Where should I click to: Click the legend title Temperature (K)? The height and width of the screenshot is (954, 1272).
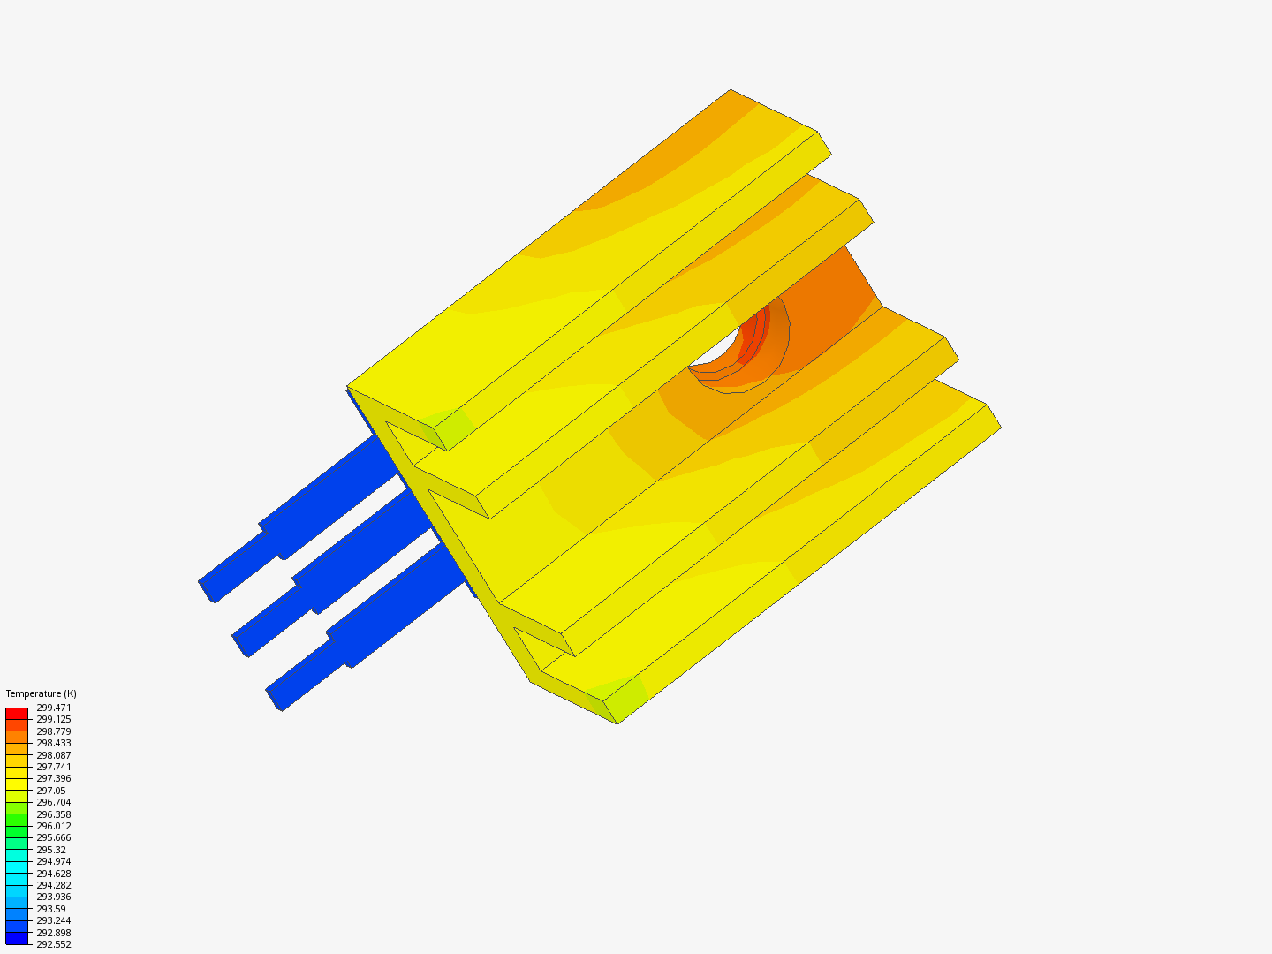pyautogui.click(x=41, y=693)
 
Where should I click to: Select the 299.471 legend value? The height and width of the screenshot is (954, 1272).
pyautogui.click(x=53, y=708)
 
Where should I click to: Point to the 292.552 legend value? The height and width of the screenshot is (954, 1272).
pyautogui.click(x=53, y=944)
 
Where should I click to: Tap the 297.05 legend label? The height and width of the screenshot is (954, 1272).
pyautogui.click(x=50, y=791)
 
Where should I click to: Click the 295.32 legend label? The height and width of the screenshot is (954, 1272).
pyautogui.click(x=50, y=850)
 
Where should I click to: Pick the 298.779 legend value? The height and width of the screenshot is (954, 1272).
pyautogui.click(x=53, y=731)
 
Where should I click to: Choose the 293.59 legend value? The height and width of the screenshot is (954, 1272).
pyautogui.click(x=50, y=909)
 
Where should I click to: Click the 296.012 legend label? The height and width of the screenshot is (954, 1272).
pyautogui.click(x=53, y=826)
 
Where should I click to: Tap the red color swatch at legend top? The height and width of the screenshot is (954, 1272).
pyautogui.click(x=17, y=713)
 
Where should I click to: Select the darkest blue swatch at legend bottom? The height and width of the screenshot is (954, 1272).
pyautogui.click(x=17, y=938)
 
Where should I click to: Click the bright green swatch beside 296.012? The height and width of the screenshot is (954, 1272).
pyautogui.click(x=17, y=820)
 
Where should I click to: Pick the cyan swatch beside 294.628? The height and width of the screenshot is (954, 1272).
pyautogui.click(x=17, y=867)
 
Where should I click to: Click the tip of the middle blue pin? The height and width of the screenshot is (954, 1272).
pyautogui.click(x=241, y=645)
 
